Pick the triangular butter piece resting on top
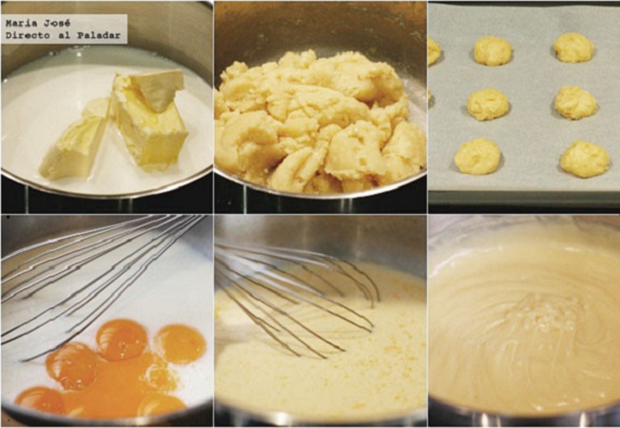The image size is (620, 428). (x=157, y=89)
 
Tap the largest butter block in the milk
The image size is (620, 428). (x=148, y=126)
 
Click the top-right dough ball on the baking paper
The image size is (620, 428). (x=573, y=48)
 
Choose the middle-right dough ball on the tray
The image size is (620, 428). (x=575, y=103)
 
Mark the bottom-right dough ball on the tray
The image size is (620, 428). (x=585, y=160)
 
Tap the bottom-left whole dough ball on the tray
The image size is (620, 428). (x=477, y=156)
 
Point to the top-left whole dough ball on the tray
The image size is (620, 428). (x=493, y=50)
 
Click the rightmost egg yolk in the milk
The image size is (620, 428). (x=181, y=343)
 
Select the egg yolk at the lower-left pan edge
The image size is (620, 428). (x=40, y=400)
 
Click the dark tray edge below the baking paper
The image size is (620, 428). (x=524, y=199)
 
